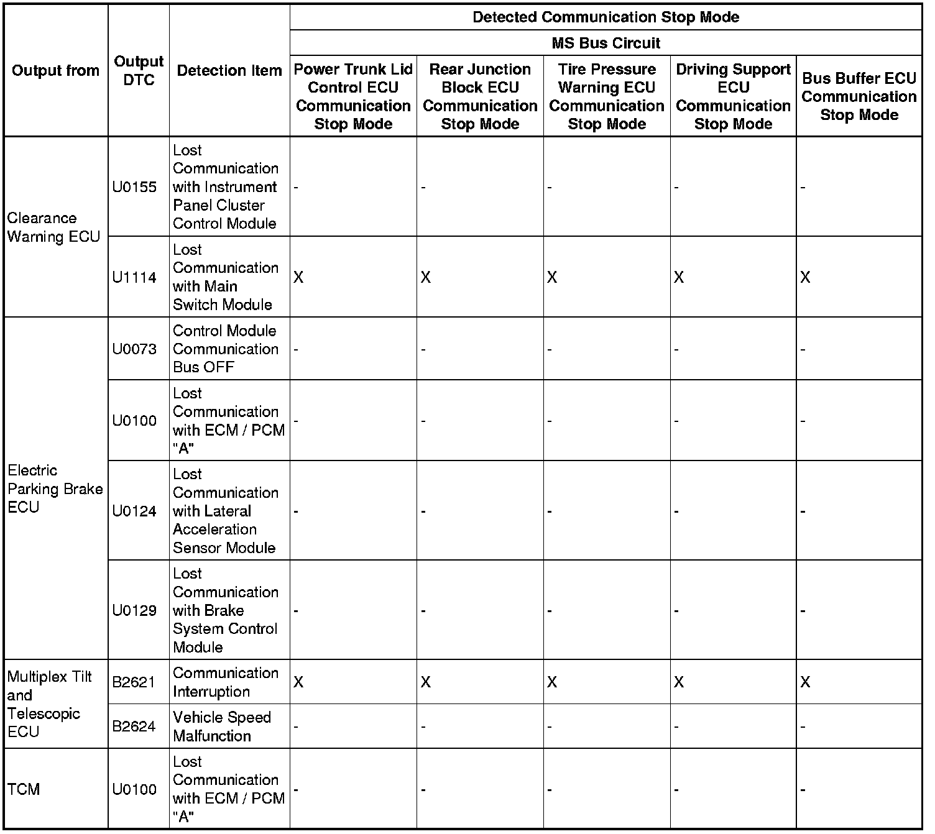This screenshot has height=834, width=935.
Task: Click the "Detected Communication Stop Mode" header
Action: click(606, 17)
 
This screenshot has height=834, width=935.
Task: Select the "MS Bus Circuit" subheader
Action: click(606, 43)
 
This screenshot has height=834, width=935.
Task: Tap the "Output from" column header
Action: click(55, 70)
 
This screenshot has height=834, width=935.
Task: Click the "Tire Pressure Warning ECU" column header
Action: click(606, 96)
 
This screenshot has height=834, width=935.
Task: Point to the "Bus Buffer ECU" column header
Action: click(859, 96)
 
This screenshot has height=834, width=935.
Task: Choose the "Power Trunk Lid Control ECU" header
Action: click(352, 96)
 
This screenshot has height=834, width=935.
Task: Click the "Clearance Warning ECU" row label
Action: click(53, 227)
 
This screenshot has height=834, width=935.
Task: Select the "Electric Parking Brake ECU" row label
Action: click(55, 488)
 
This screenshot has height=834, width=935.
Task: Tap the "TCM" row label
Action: click(24, 789)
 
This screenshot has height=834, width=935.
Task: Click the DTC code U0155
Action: click(134, 187)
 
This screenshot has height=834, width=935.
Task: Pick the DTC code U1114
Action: click(134, 277)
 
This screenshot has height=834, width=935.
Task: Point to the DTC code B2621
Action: click(134, 682)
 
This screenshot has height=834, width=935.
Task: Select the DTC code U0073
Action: click(134, 349)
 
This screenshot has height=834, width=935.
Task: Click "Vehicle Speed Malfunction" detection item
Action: click(222, 726)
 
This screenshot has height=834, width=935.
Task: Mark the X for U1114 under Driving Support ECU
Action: click(679, 277)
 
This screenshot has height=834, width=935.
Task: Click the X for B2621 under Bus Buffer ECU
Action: click(805, 682)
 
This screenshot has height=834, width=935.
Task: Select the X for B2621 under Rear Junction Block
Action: click(425, 682)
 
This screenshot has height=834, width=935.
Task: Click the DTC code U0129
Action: click(134, 610)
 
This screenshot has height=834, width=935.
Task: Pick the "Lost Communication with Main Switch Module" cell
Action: click(226, 277)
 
